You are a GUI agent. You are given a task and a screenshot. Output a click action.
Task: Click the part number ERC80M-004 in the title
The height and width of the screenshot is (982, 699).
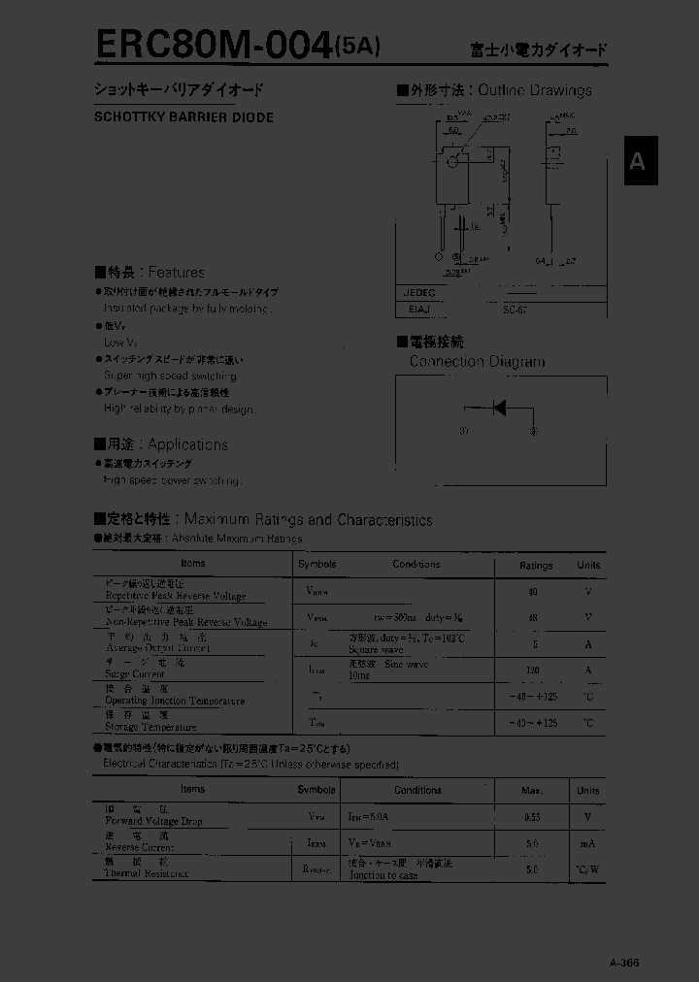click(212, 45)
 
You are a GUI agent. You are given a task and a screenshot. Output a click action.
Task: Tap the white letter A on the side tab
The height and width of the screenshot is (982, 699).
click(637, 161)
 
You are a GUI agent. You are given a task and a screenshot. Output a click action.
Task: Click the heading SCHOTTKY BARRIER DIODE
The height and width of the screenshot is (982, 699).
click(183, 117)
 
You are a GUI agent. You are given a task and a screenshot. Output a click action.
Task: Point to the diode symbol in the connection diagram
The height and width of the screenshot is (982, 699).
click(498, 408)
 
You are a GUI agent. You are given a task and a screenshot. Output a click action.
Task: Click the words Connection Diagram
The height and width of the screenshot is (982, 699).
click(477, 361)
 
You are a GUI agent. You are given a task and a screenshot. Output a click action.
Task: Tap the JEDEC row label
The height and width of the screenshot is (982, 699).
click(419, 292)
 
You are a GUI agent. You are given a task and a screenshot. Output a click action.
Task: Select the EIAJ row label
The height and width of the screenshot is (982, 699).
click(417, 311)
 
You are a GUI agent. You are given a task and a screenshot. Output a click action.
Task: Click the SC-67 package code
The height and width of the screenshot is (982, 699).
click(516, 311)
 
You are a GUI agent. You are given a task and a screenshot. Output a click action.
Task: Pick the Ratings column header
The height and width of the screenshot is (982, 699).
click(536, 565)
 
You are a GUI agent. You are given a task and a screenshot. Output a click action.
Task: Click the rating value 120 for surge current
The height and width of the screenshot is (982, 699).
click(532, 670)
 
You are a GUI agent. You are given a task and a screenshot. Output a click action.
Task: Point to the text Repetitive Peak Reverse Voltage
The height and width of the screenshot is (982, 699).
click(175, 596)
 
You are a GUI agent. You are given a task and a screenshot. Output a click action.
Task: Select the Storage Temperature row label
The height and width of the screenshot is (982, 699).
click(150, 727)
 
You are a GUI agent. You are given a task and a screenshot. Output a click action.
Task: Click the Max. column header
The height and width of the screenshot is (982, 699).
click(533, 791)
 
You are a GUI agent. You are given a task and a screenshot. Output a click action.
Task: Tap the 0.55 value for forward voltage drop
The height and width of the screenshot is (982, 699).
click(532, 818)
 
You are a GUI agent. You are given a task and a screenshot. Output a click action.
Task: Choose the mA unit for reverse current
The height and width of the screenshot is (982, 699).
click(588, 844)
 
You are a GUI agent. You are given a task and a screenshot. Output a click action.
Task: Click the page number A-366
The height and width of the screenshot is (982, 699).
click(624, 962)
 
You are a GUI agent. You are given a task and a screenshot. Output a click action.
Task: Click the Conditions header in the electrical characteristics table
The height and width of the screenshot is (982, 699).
click(418, 791)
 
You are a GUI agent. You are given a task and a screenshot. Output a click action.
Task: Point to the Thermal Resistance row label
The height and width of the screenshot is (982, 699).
click(147, 873)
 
